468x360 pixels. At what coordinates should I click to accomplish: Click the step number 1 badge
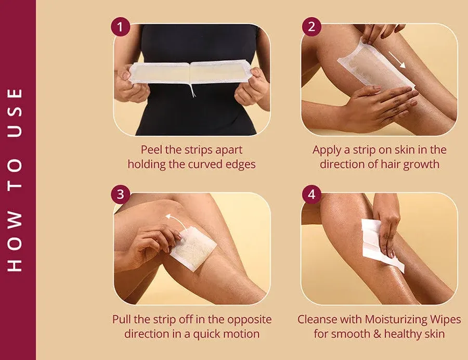tap(121, 27)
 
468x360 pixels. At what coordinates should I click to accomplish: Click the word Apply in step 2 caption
tap(327, 150)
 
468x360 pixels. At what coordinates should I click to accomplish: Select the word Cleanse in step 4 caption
tap(316, 319)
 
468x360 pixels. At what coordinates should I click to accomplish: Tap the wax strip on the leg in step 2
tap(374, 68)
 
